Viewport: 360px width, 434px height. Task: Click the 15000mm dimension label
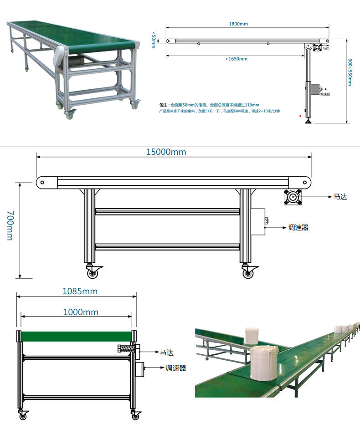166,152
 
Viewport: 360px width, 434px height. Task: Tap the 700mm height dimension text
10,225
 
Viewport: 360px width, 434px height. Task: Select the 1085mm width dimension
80,291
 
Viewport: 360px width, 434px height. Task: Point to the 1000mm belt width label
80,312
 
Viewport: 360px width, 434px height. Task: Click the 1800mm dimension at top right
238,24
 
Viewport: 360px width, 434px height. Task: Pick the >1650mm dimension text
236,59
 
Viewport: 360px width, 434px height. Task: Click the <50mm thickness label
154,40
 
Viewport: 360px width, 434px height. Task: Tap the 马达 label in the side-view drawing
340,197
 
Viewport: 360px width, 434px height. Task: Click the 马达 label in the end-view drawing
166,352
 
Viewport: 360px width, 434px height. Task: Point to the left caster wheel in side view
93,274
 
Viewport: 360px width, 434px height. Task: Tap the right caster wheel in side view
247,274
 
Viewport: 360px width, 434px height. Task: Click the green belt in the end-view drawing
76,337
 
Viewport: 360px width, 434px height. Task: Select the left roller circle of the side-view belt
42,183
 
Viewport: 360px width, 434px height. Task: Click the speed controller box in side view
258,222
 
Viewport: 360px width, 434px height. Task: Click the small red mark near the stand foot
300,117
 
